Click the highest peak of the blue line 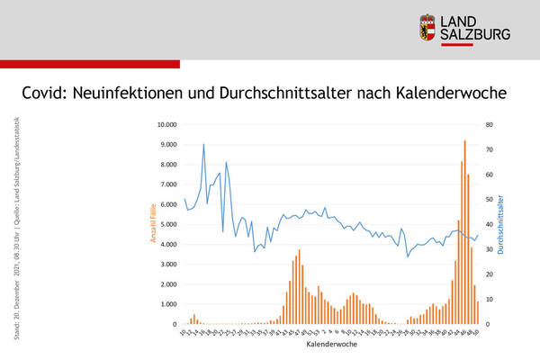203,145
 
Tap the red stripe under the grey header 90,63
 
